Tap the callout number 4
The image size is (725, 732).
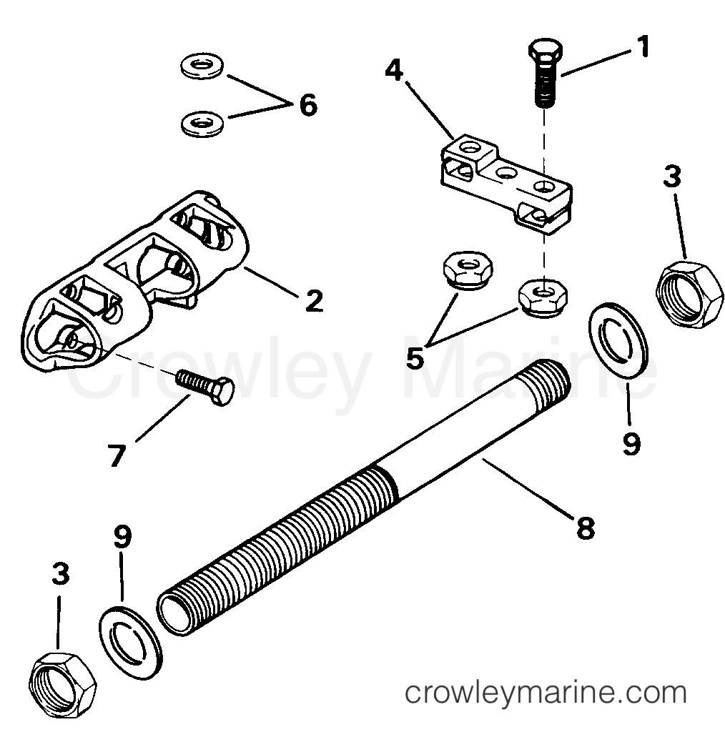pos(393,71)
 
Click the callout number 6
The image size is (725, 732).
pos(307,105)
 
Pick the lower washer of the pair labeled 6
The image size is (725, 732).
pos(201,122)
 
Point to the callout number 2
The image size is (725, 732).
pos(312,300)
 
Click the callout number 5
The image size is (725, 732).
pos(415,356)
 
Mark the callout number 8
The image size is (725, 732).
pos(585,528)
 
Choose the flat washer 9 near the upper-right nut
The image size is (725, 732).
pos(618,337)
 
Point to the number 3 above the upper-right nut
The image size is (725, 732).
pos(671,177)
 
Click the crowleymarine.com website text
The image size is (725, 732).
pos(545,693)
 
